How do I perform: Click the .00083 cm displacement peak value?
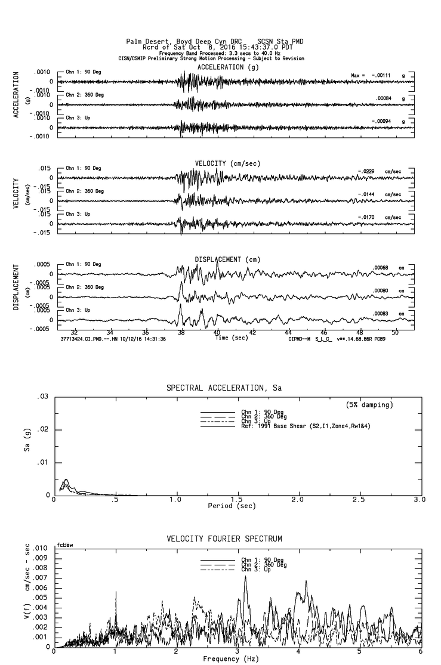click(x=381, y=314)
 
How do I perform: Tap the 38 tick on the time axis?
click(x=181, y=332)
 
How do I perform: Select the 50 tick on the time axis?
click(x=395, y=332)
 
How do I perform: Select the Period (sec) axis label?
click(x=232, y=506)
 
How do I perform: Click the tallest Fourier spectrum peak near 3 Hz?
click(x=245, y=576)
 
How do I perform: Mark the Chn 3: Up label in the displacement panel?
click(x=78, y=310)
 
